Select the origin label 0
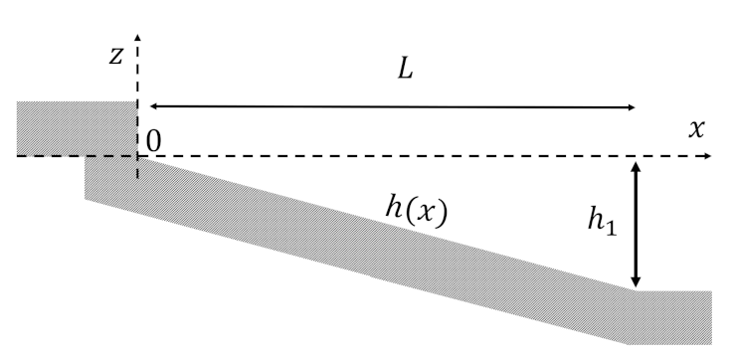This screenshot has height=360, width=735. pyautogui.click(x=153, y=142)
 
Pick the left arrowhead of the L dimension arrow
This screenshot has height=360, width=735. pyautogui.click(x=152, y=105)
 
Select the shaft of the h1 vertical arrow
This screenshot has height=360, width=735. pyautogui.click(x=637, y=224)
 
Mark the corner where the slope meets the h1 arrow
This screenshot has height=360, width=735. pyautogui.click(x=637, y=290)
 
